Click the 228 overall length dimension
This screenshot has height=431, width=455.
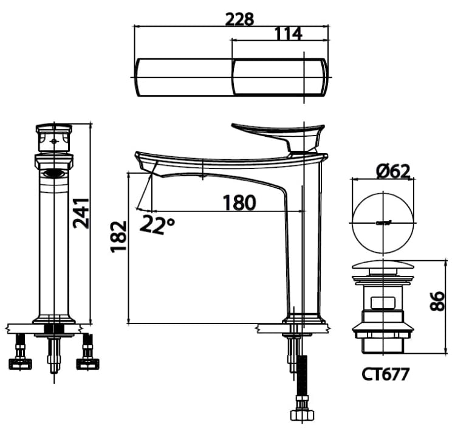click(x=239, y=18)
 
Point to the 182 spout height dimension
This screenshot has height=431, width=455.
click(x=119, y=236)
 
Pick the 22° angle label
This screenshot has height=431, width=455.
click(x=157, y=224)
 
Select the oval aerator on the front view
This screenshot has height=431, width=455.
click(x=55, y=173)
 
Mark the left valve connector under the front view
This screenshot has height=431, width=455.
click(x=21, y=356)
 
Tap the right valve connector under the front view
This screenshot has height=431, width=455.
click(x=87, y=356)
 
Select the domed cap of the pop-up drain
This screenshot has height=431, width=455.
click(x=382, y=266)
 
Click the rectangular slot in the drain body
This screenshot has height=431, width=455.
click(x=381, y=301)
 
